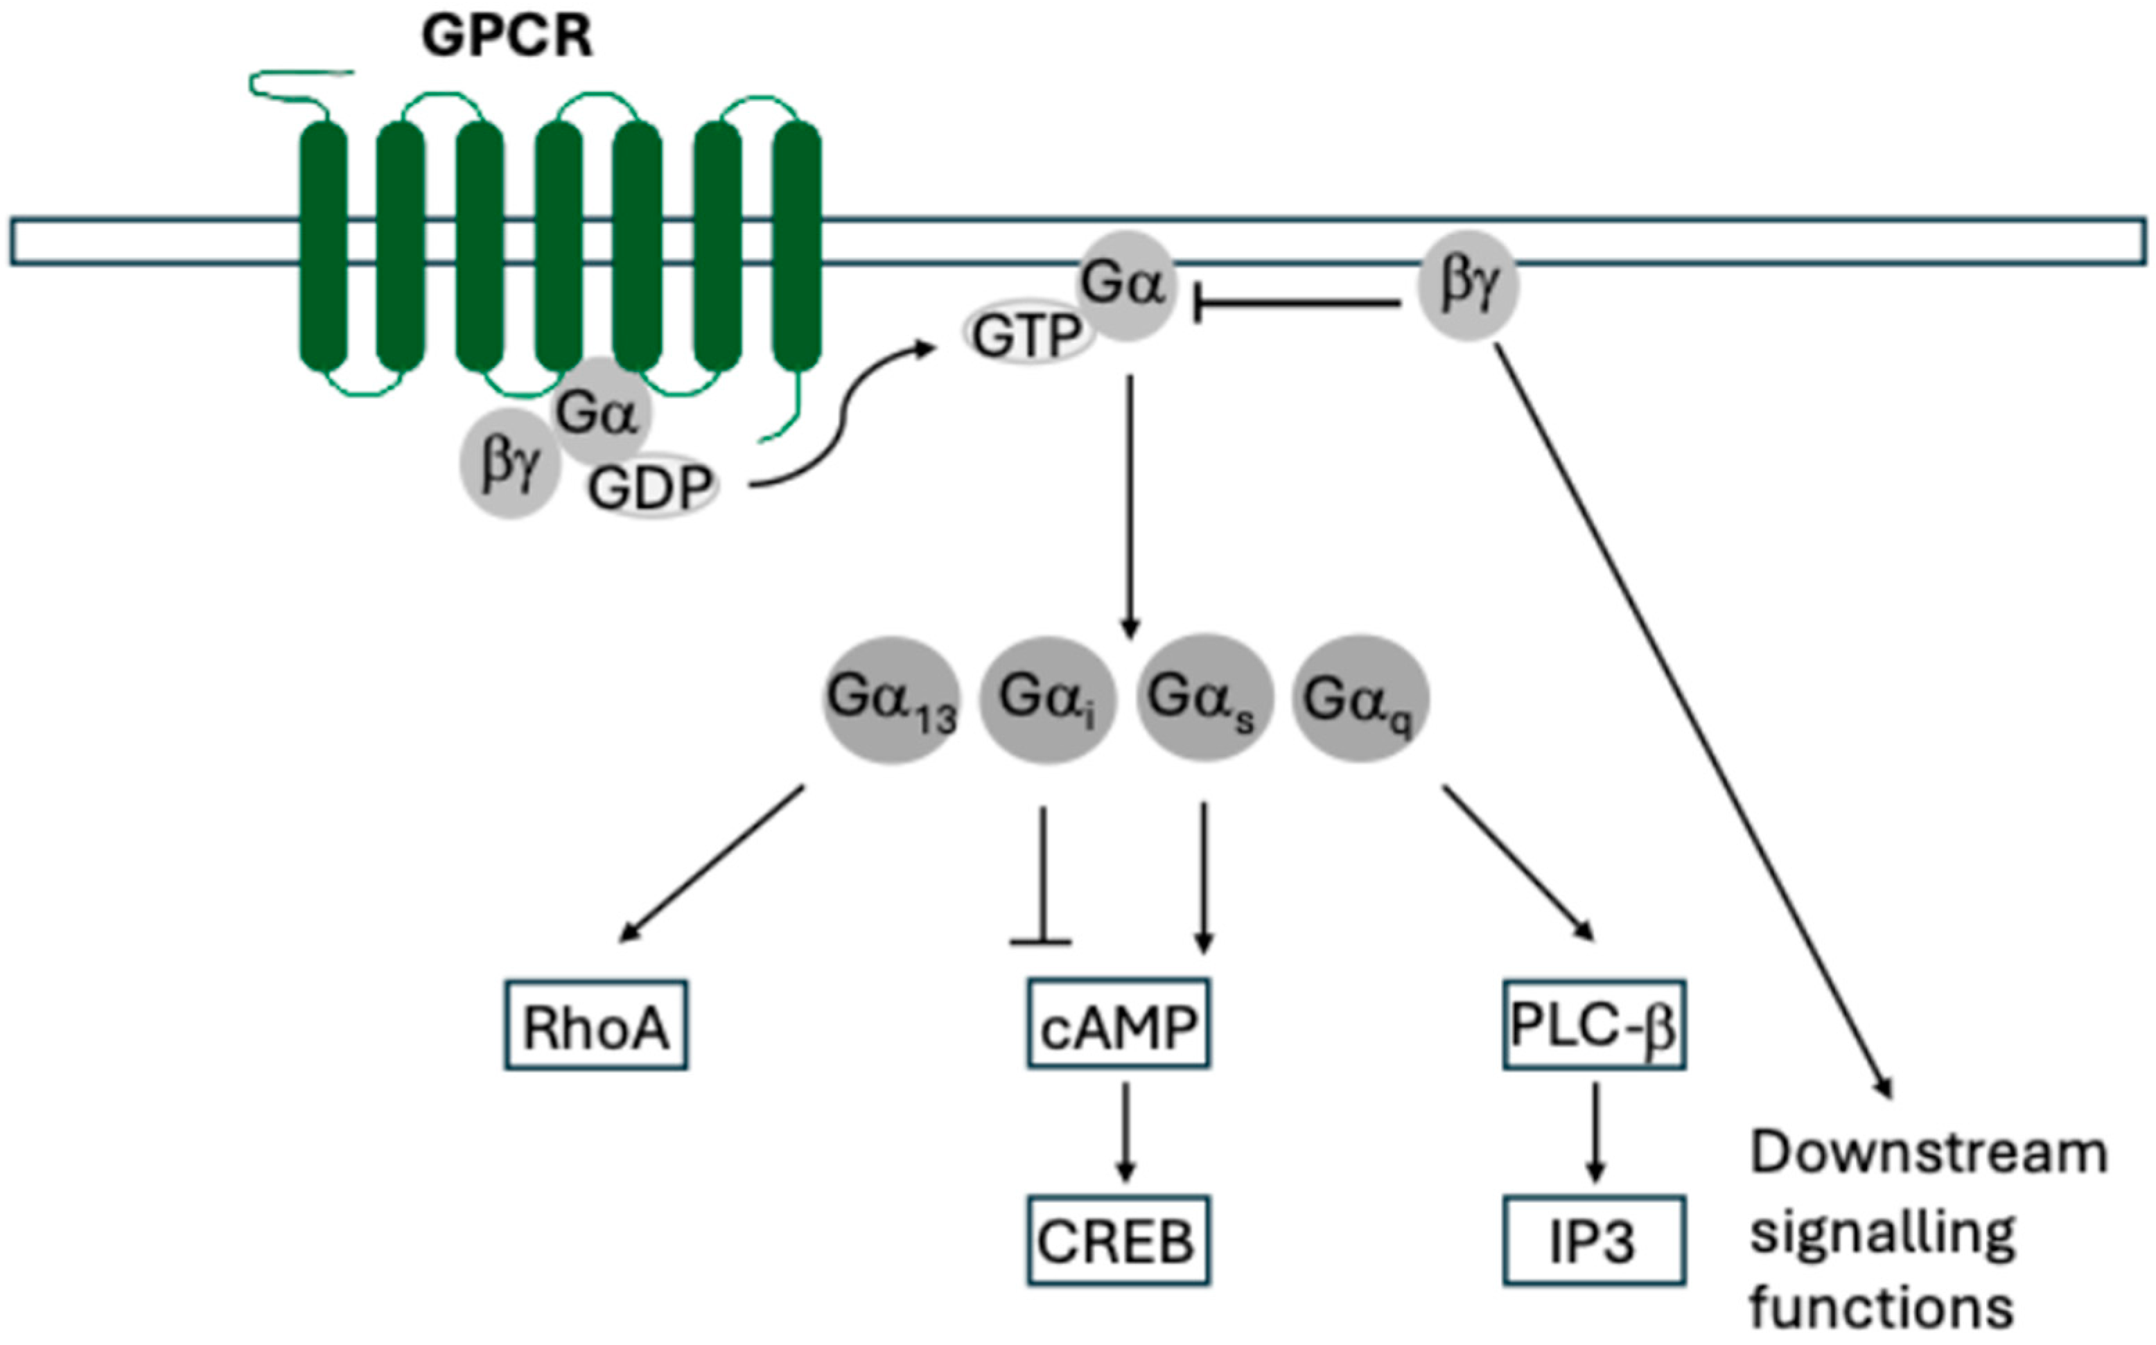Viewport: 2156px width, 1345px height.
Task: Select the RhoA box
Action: [595, 1025]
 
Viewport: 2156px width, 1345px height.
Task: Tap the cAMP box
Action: [1118, 1024]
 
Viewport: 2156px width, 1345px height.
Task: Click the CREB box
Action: [1118, 1241]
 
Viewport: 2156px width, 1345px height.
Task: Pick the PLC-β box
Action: [1594, 1025]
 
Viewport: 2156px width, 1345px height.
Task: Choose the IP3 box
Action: [1594, 1241]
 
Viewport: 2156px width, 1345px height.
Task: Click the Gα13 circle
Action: [891, 700]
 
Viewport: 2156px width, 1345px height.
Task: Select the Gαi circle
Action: [1047, 700]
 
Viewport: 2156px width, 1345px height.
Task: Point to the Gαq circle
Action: [1360, 700]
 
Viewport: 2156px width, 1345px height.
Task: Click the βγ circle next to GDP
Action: [509, 464]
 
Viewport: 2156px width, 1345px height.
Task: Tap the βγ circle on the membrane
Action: [1466, 285]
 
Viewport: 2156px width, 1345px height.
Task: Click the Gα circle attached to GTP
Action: [1125, 285]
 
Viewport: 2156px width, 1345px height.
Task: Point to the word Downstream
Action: [1928, 1154]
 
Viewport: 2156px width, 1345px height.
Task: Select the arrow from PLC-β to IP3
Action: [1595, 1132]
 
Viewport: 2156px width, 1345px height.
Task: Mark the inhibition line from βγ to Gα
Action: [1294, 304]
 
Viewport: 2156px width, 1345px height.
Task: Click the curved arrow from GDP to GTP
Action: [841, 418]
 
